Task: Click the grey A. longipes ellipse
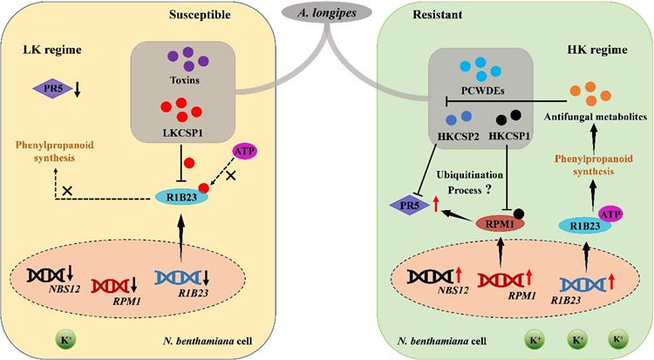point(327,15)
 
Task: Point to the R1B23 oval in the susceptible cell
point(175,196)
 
